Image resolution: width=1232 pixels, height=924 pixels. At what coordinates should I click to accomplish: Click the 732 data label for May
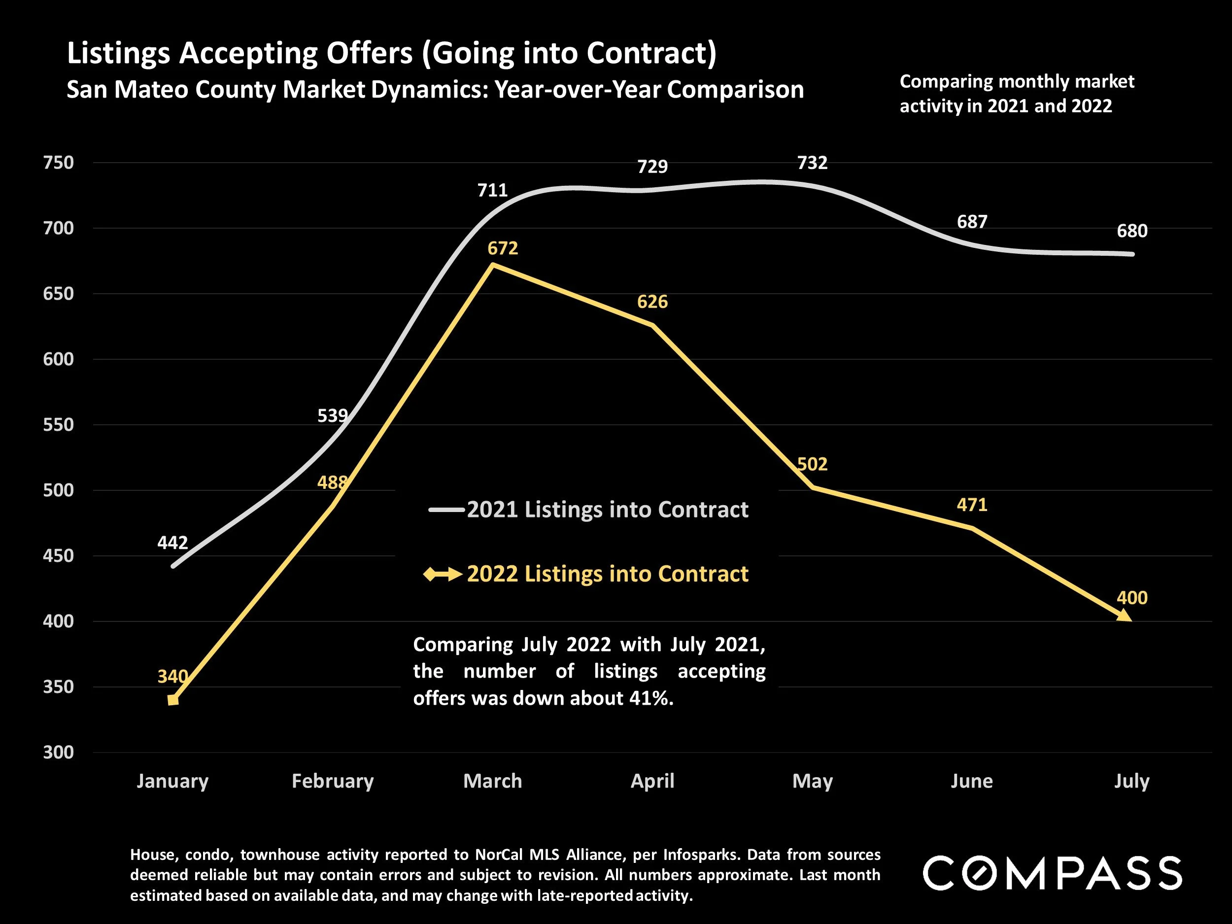tap(812, 163)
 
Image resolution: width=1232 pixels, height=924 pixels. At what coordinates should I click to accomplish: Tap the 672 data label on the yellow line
tap(502, 248)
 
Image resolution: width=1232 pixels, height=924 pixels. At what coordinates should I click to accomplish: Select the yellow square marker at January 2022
tap(173, 700)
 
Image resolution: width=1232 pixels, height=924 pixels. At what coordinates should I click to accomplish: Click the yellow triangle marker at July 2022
tap(1125, 616)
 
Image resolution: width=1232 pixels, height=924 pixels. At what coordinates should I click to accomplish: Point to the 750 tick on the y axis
tap(59, 163)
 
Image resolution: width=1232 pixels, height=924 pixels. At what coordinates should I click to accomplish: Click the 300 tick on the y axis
tap(59, 752)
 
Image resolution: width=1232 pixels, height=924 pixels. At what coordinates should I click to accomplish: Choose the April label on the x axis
tap(652, 781)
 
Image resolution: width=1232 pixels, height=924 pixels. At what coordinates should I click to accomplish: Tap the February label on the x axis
tap(333, 781)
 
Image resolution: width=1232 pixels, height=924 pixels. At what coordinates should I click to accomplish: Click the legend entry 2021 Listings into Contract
tap(607, 510)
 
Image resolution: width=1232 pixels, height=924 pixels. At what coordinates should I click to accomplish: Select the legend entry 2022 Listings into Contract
tap(607, 574)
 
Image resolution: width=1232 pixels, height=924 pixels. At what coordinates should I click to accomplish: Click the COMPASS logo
tap(1052, 873)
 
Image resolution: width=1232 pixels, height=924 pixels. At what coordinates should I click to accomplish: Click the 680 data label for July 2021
tap(1132, 231)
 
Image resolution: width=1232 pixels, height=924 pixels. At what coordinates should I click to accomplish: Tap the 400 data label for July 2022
tap(1132, 598)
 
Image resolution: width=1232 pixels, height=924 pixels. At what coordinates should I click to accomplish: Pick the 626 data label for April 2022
tap(652, 302)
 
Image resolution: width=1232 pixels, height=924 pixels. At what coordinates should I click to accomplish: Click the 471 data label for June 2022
tap(972, 505)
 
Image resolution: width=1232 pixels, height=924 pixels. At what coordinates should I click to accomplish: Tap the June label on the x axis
tap(971, 781)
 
